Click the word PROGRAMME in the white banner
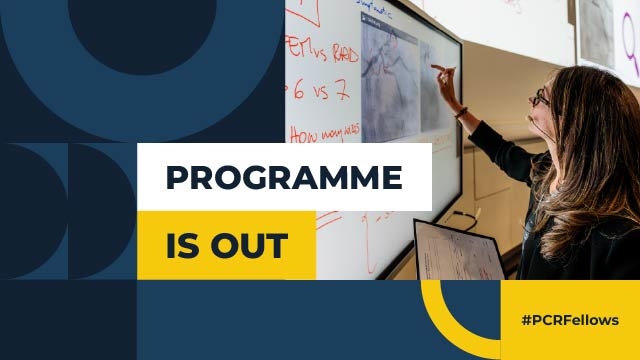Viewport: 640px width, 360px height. click(284, 178)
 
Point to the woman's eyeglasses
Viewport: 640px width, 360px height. click(541, 98)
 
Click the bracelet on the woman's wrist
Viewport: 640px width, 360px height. click(462, 112)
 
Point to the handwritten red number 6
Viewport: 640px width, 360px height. click(298, 90)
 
